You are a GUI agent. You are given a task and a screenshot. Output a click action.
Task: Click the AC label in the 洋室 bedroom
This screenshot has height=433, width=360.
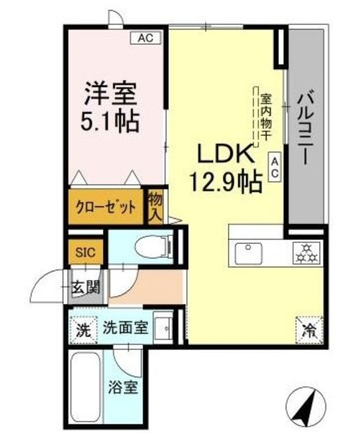(145, 39)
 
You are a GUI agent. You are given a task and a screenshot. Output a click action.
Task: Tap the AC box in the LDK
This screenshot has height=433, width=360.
(275, 167)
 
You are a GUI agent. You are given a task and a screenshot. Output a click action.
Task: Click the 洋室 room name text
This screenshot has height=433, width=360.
(111, 92)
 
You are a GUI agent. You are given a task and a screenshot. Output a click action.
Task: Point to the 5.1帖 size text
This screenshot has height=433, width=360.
(112, 121)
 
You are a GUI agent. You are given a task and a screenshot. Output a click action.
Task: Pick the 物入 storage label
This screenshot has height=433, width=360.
(156, 205)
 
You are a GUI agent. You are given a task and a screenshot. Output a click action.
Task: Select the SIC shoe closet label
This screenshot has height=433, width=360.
(85, 253)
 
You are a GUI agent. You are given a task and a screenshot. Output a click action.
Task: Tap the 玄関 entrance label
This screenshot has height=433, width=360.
(85, 287)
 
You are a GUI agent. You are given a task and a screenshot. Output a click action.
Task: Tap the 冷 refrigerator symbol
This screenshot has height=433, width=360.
(308, 331)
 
